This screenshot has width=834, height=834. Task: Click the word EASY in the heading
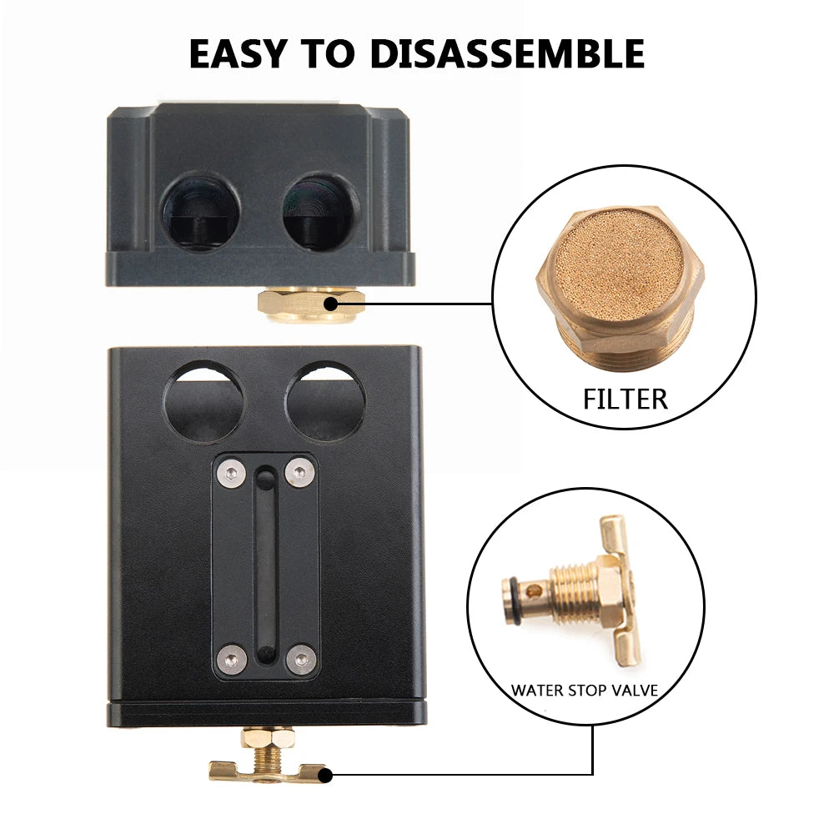pos(238,53)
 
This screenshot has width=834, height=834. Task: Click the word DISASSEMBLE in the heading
pos(507,53)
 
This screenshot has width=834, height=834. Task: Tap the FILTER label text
pos(625,399)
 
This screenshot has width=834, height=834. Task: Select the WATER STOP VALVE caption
pos(585,691)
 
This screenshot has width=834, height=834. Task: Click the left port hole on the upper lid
pos(200,212)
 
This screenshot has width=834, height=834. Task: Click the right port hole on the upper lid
pos(320,212)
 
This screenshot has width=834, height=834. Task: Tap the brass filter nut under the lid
pos(311,304)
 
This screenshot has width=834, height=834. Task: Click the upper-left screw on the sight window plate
pos(232,473)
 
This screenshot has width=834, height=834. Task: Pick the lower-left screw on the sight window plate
pos(232,660)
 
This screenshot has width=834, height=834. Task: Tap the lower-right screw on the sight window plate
pos(301,660)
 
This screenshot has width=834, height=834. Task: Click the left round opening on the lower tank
pos(203,402)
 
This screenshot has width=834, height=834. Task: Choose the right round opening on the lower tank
pos(325,402)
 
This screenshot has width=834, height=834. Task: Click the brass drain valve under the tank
pos(267,756)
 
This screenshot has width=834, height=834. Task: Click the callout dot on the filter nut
pos(331,304)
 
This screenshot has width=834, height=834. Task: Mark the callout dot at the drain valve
pos(325,776)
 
